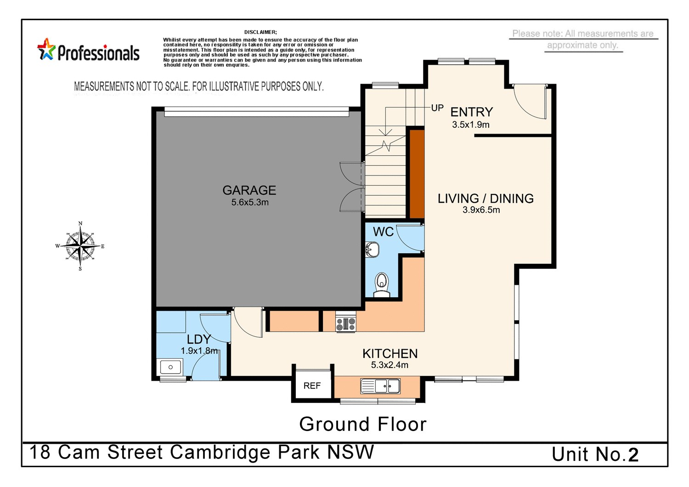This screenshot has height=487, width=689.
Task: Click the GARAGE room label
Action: coord(249,190)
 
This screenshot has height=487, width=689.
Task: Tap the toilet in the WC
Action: coord(381,283)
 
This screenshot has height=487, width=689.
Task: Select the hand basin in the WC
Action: coord(372,250)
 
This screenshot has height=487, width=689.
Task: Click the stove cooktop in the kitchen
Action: coord(346,323)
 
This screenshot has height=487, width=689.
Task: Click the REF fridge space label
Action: coord(312,386)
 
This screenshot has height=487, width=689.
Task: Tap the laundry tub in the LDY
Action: coord(170,367)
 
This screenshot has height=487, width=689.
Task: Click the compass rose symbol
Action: coord(80,246)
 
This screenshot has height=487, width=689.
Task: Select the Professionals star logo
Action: coord(46,50)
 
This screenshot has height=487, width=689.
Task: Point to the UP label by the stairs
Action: coord(437,108)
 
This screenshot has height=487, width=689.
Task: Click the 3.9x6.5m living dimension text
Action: coord(481,210)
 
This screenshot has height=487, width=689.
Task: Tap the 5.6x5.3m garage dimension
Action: coord(250,202)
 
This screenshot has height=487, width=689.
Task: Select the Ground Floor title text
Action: coord(363,424)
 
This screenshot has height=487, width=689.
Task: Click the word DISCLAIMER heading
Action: coord(260,32)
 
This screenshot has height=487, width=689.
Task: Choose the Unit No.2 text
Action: coord(595,454)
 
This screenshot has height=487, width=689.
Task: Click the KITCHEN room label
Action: coord(390,353)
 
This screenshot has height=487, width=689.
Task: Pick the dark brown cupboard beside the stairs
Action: coord(417,174)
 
